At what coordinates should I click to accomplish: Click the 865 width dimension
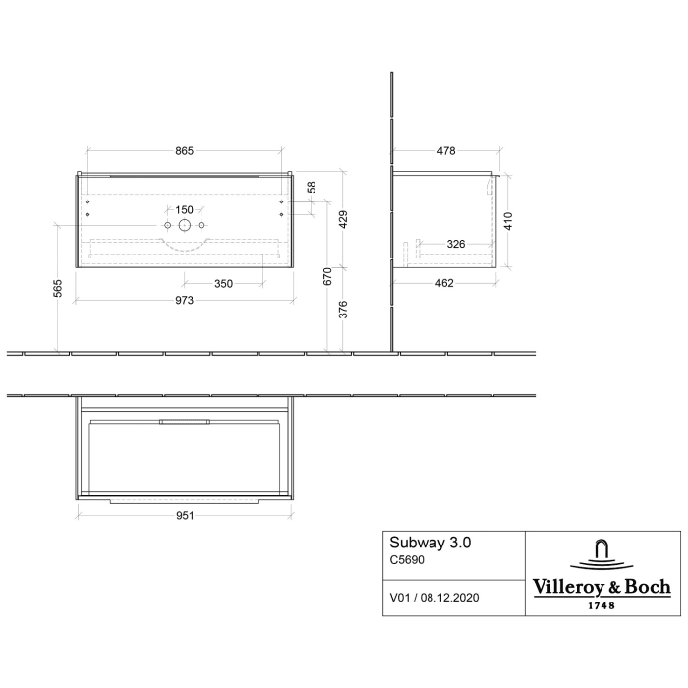(x=185, y=150)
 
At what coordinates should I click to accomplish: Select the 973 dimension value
(x=185, y=299)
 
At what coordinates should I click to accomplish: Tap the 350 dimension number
(x=224, y=284)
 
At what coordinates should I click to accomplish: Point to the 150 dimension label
(x=184, y=210)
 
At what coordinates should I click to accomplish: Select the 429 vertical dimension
(x=342, y=218)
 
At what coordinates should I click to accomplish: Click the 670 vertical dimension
(x=327, y=277)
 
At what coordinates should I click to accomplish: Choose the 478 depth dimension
(x=445, y=150)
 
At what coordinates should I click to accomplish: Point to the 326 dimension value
(x=456, y=243)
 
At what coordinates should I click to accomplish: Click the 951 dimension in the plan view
(x=185, y=514)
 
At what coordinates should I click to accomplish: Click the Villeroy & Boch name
(x=602, y=587)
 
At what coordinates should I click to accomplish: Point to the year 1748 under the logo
(x=602, y=605)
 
